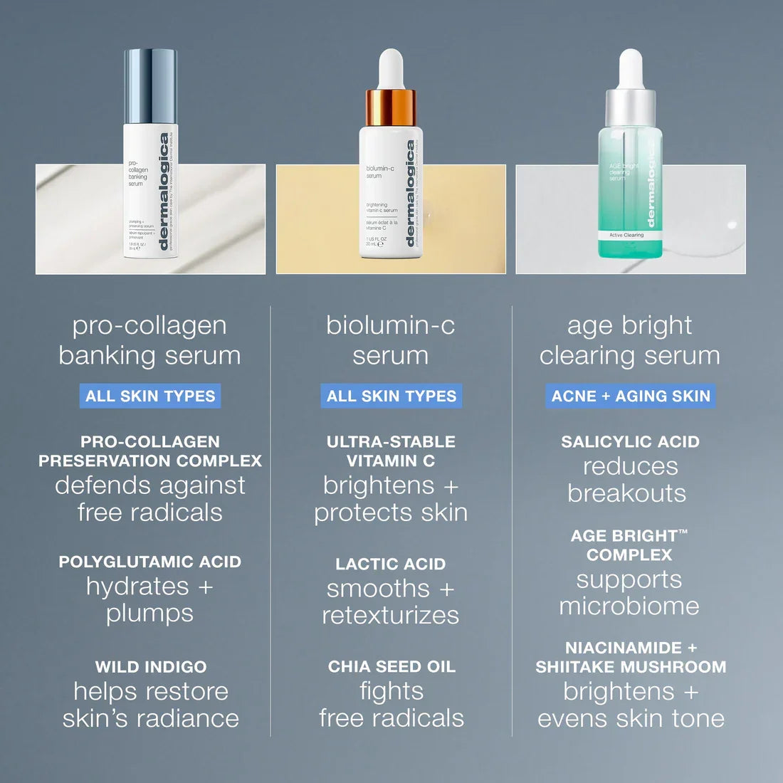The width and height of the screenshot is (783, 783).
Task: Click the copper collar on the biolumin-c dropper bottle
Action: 391,107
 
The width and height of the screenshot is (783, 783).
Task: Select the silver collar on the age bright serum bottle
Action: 630,107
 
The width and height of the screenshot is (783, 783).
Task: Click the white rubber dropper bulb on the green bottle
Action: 631,68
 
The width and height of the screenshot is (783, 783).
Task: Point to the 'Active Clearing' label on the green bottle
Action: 626,235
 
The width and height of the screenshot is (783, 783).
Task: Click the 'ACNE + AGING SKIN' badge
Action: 631,396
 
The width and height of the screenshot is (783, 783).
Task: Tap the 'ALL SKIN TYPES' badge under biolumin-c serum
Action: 391,396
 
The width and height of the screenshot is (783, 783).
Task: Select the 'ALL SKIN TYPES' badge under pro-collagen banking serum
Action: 150,396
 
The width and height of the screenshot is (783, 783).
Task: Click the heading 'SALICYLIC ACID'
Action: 630,442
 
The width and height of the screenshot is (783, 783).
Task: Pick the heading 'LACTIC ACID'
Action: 391,564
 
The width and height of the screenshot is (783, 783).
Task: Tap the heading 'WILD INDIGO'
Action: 151,667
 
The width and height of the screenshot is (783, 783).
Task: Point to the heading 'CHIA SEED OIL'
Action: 391,667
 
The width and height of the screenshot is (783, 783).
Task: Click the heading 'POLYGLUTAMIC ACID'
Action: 150,562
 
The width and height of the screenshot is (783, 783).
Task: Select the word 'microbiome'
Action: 629,606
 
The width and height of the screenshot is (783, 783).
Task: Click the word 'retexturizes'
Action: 391,616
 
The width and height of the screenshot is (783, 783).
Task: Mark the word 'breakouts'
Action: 627,493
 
